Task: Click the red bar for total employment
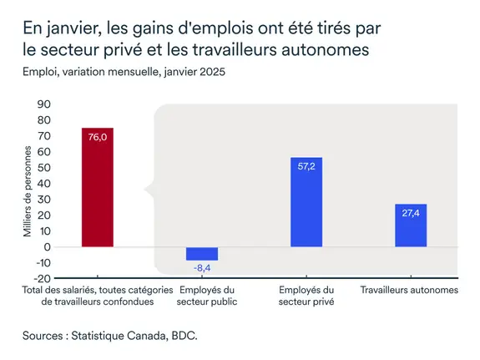(x=97, y=187)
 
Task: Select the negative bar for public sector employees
(x=201, y=254)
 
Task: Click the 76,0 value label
(x=98, y=137)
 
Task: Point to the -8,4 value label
(x=201, y=267)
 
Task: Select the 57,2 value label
(x=306, y=166)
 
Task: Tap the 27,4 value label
(x=410, y=213)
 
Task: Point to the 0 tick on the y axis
(x=48, y=247)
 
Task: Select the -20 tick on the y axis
(x=43, y=279)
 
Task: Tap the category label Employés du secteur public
(x=202, y=296)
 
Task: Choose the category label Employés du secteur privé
(x=306, y=296)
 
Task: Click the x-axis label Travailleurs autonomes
(x=410, y=290)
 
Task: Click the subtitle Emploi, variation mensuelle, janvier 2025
(x=124, y=72)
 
